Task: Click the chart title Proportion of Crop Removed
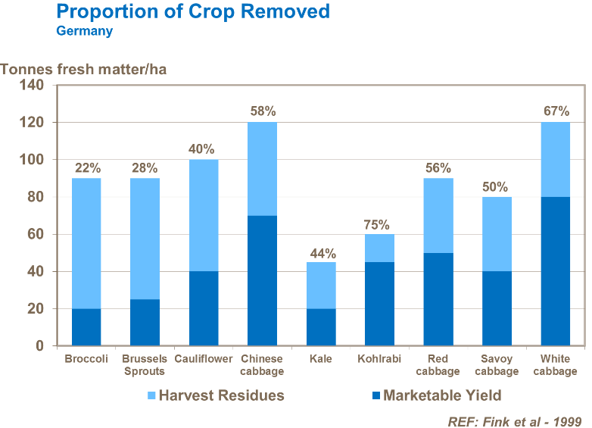193,11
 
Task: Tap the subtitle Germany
84,31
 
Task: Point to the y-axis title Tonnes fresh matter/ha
83,70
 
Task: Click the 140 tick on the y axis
33,85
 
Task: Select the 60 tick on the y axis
36,234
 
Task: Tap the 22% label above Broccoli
86,168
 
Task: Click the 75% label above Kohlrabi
376,224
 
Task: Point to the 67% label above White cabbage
556,111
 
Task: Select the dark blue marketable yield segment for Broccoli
86,327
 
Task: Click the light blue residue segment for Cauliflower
204,215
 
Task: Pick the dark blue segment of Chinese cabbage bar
263,280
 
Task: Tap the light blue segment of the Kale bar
321,286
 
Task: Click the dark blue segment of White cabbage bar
556,271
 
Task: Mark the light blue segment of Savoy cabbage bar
497,234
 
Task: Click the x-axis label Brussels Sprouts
145,365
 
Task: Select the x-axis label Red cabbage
438,365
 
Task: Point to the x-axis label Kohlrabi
379,359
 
